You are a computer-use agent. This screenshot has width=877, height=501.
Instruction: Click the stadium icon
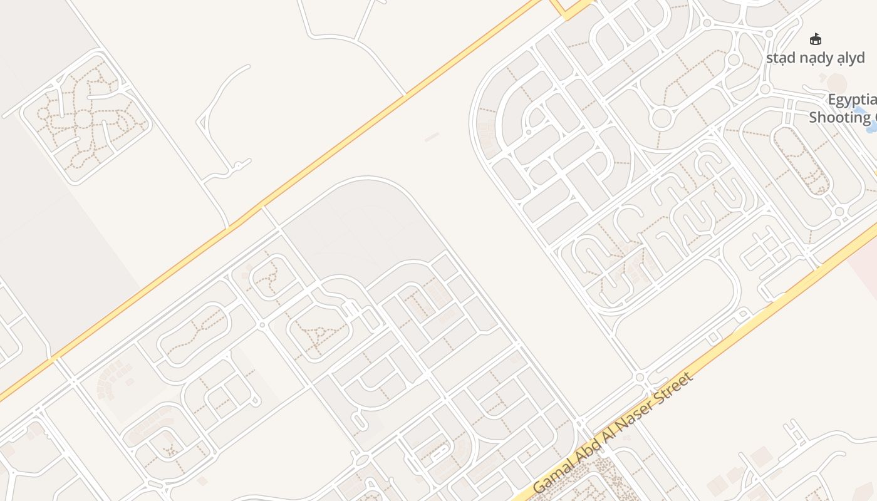tap(816, 39)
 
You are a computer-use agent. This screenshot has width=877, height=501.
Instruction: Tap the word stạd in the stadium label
tap(781, 58)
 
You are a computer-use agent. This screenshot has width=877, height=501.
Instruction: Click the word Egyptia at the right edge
tap(852, 100)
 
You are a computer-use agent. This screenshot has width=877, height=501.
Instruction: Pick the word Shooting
tap(839, 117)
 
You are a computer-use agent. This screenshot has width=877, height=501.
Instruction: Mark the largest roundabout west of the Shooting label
tap(662, 118)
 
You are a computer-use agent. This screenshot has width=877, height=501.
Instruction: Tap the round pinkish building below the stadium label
tap(836, 82)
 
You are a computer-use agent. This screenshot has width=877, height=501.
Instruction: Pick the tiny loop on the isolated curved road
tap(239, 167)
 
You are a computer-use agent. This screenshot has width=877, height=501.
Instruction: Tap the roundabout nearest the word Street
tap(640, 378)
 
